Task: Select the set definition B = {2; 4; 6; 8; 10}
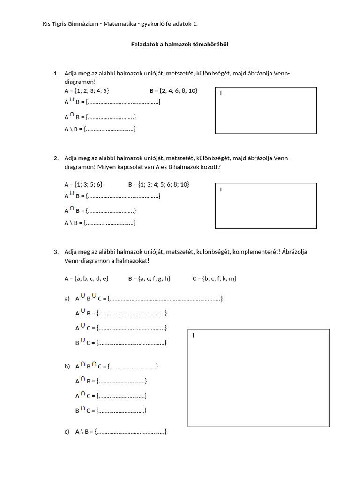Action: click(x=173, y=90)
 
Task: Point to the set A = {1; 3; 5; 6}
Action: click(x=83, y=185)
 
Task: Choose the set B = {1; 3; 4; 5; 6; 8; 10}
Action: click(x=158, y=185)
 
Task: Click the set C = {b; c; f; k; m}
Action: click(x=214, y=278)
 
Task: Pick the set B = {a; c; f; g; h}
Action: click(x=149, y=278)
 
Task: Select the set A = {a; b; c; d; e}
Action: click(x=86, y=278)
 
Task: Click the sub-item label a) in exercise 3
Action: click(x=67, y=299)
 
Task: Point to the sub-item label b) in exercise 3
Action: click(x=67, y=367)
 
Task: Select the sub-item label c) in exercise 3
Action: click(x=67, y=432)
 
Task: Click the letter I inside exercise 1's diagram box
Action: click(x=221, y=93)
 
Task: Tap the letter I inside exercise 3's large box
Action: click(x=193, y=335)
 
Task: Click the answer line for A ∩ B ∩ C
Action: click(x=133, y=367)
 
